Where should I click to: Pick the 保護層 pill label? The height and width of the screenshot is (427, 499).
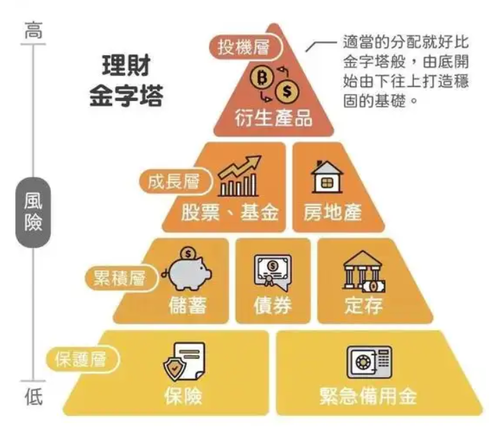coord(81,360)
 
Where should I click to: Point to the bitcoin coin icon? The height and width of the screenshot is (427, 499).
coord(262,77)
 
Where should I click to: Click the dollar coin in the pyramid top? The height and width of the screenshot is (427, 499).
coord(287,91)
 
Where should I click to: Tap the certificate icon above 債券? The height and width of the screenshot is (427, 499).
coord(272,271)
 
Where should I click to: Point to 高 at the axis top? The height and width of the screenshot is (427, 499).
coord(33,31)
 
